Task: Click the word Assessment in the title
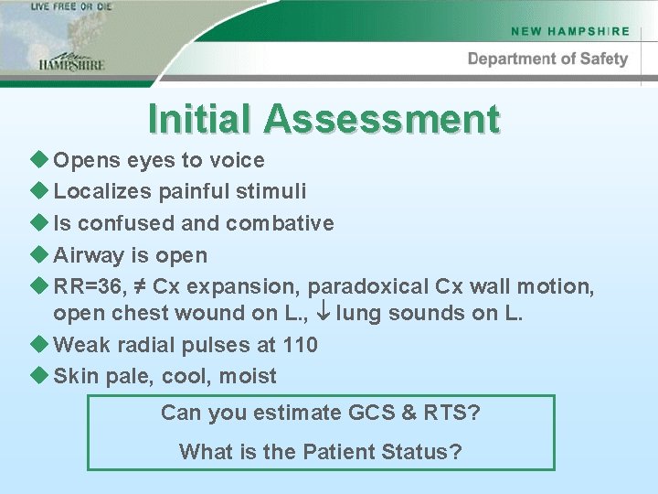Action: pos(382,119)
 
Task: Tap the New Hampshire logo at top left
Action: pos(71,60)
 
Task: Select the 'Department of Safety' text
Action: pos(547,59)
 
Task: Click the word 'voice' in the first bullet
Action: pos(236,160)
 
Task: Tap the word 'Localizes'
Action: pos(102,191)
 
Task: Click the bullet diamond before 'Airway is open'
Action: pos(38,254)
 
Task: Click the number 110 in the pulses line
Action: pos(301,345)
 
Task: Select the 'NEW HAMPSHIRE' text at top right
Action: pos(570,31)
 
